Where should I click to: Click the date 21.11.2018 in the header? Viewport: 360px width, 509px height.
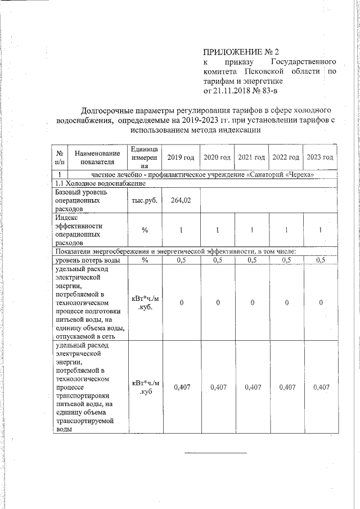232,90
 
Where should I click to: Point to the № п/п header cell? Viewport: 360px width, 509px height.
60,157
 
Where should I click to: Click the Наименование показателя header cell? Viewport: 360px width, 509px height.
97,157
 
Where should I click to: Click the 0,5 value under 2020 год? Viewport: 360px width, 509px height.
217,260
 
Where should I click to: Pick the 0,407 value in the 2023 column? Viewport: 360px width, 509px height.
321,387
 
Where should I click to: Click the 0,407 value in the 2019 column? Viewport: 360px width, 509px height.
182,387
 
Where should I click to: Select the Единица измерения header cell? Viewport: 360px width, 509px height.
145,157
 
